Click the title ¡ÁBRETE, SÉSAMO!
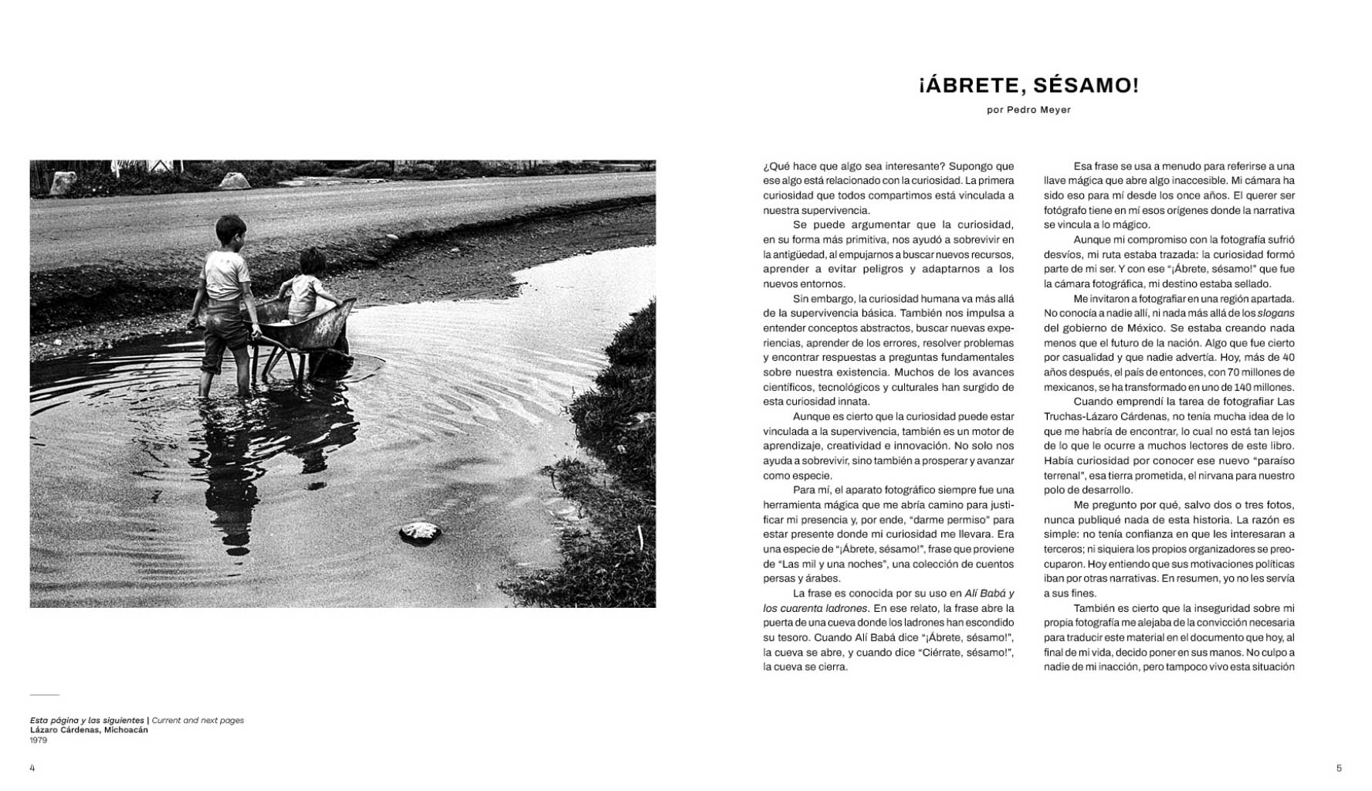(x=1028, y=85)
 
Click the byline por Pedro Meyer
(x=1028, y=110)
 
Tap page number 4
(x=32, y=768)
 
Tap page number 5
(x=1339, y=768)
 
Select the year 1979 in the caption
(x=39, y=740)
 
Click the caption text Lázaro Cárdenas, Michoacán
(x=89, y=730)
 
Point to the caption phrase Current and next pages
(x=198, y=720)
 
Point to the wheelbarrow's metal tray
(x=309, y=328)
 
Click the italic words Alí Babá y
(x=990, y=593)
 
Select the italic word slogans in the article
(x=1275, y=314)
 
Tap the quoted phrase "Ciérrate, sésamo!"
(x=961, y=653)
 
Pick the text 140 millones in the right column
(x=1263, y=387)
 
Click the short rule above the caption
(x=44, y=695)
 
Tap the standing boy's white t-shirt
(x=225, y=274)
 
